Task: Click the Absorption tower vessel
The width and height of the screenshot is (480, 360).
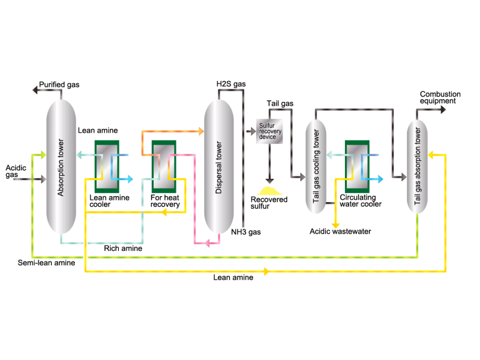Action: (61, 166)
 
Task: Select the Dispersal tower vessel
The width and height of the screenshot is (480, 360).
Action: (219, 167)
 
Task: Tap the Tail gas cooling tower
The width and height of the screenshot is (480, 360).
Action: (316, 167)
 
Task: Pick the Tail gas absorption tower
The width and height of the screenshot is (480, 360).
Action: (417, 167)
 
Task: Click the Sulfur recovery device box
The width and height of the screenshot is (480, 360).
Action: (269, 131)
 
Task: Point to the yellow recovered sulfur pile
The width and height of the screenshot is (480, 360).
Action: (269, 191)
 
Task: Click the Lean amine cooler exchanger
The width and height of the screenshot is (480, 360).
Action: (107, 167)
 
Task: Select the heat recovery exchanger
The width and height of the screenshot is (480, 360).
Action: (164, 167)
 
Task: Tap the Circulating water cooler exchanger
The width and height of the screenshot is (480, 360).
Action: (357, 167)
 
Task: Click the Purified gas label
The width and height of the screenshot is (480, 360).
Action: (59, 85)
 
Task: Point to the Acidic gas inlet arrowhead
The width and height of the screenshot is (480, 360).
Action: (43, 179)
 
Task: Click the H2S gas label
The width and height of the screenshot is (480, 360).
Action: (231, 84)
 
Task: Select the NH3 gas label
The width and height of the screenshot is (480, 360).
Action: (246, 232)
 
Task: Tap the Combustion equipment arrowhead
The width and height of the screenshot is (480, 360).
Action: (443, 110)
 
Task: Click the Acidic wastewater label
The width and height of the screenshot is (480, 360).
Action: (340, 232)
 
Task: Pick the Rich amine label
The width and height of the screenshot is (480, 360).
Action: (123, 248)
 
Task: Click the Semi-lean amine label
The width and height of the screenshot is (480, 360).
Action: (46, 263)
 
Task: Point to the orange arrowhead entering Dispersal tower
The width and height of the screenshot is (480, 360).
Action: (201, 131)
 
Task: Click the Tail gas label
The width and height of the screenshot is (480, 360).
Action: (280, 103)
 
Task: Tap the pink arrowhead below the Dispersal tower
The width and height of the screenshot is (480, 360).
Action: (207, 244)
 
